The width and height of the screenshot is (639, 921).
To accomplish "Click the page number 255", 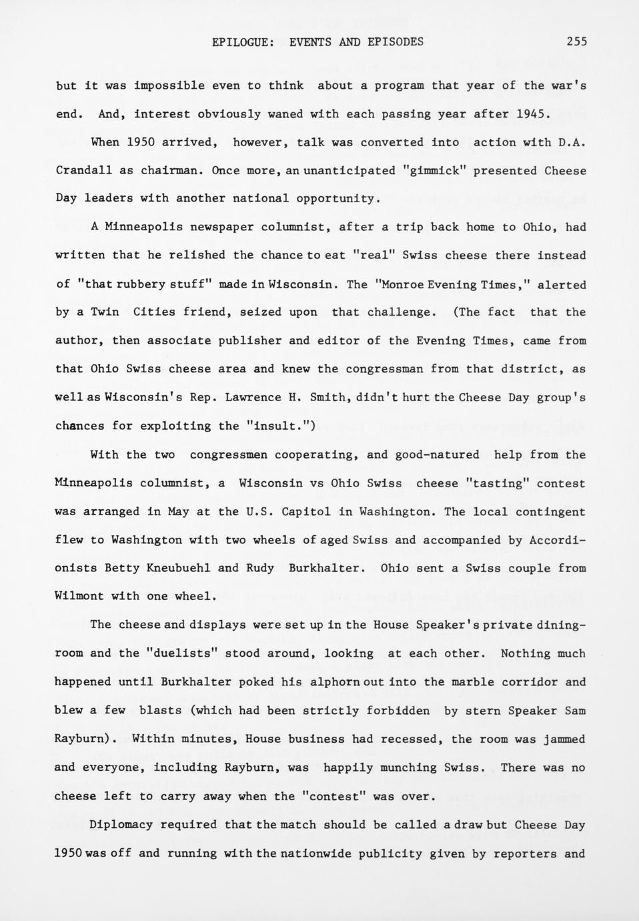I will coord(576,41).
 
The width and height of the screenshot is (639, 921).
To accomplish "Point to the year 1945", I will coord(533,114).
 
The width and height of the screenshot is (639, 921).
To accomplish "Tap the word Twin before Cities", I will coord(105,312).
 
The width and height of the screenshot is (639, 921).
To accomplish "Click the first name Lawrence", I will coord(252,398).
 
